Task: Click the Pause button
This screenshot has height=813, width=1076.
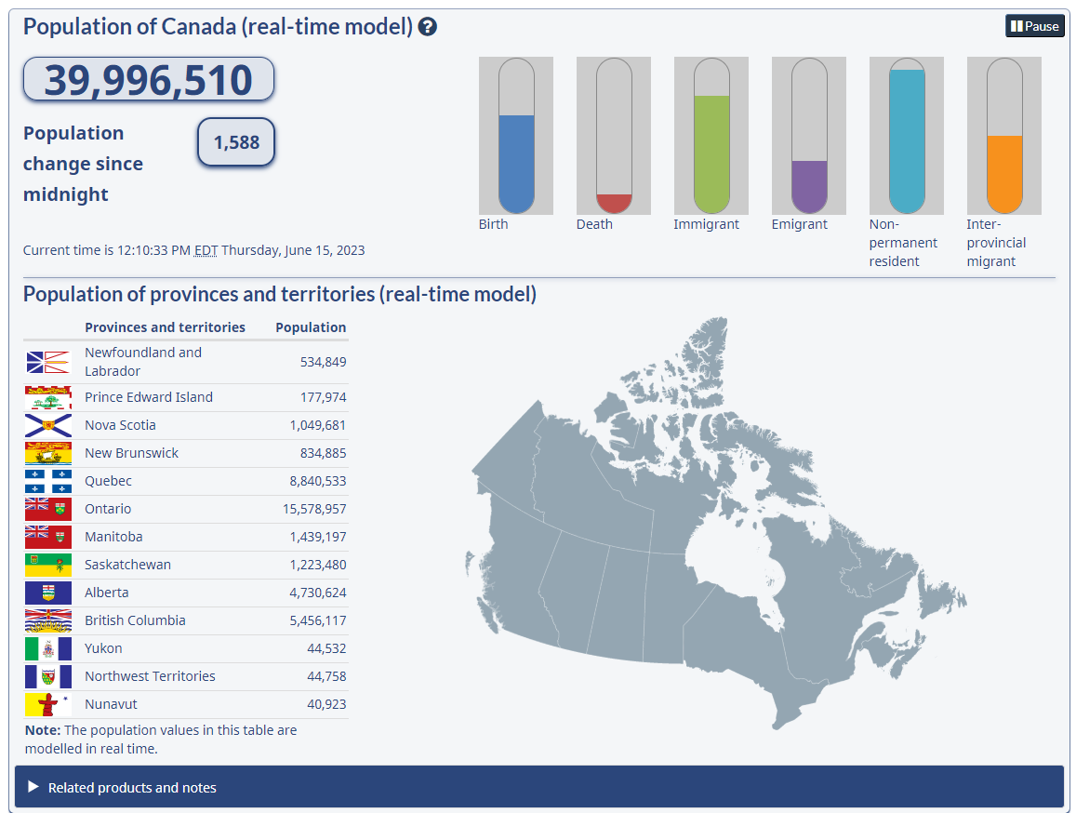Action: tap(1035, 26)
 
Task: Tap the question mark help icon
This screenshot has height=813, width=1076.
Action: tap(428, 27)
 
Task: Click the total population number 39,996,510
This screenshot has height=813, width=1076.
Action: tap(149, 80)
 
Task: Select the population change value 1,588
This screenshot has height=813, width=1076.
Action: tap(236, 142)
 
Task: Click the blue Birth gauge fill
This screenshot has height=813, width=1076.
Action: tap(516, 164)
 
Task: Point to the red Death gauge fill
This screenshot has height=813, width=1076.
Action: tap(614, 203)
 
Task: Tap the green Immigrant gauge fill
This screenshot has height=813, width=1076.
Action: tap(711, 153)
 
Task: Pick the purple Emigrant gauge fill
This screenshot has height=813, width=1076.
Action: tap(809, 186)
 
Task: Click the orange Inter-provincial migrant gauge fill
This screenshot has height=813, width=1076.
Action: tap(1004, 174)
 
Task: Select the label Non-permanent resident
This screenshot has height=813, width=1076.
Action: tap(903, 243)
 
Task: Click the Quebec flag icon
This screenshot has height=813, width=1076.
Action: tap(48, 481)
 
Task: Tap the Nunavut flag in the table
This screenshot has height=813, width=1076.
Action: tap(48, 704)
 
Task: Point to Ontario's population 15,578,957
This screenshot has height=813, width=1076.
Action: tap(314, 509)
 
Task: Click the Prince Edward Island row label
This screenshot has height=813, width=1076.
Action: tap(149, 397)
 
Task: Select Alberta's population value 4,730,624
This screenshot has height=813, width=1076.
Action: tap(318, 593)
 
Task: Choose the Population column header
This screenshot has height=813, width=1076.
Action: tap(311, 327)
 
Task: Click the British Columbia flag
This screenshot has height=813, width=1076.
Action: tap(48, 620)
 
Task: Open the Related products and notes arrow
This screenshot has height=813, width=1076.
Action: tap(33, 787)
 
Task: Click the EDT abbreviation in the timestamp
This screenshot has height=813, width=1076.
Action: tap(206, 250)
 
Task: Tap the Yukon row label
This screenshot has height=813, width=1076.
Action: tap(103, 648)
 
